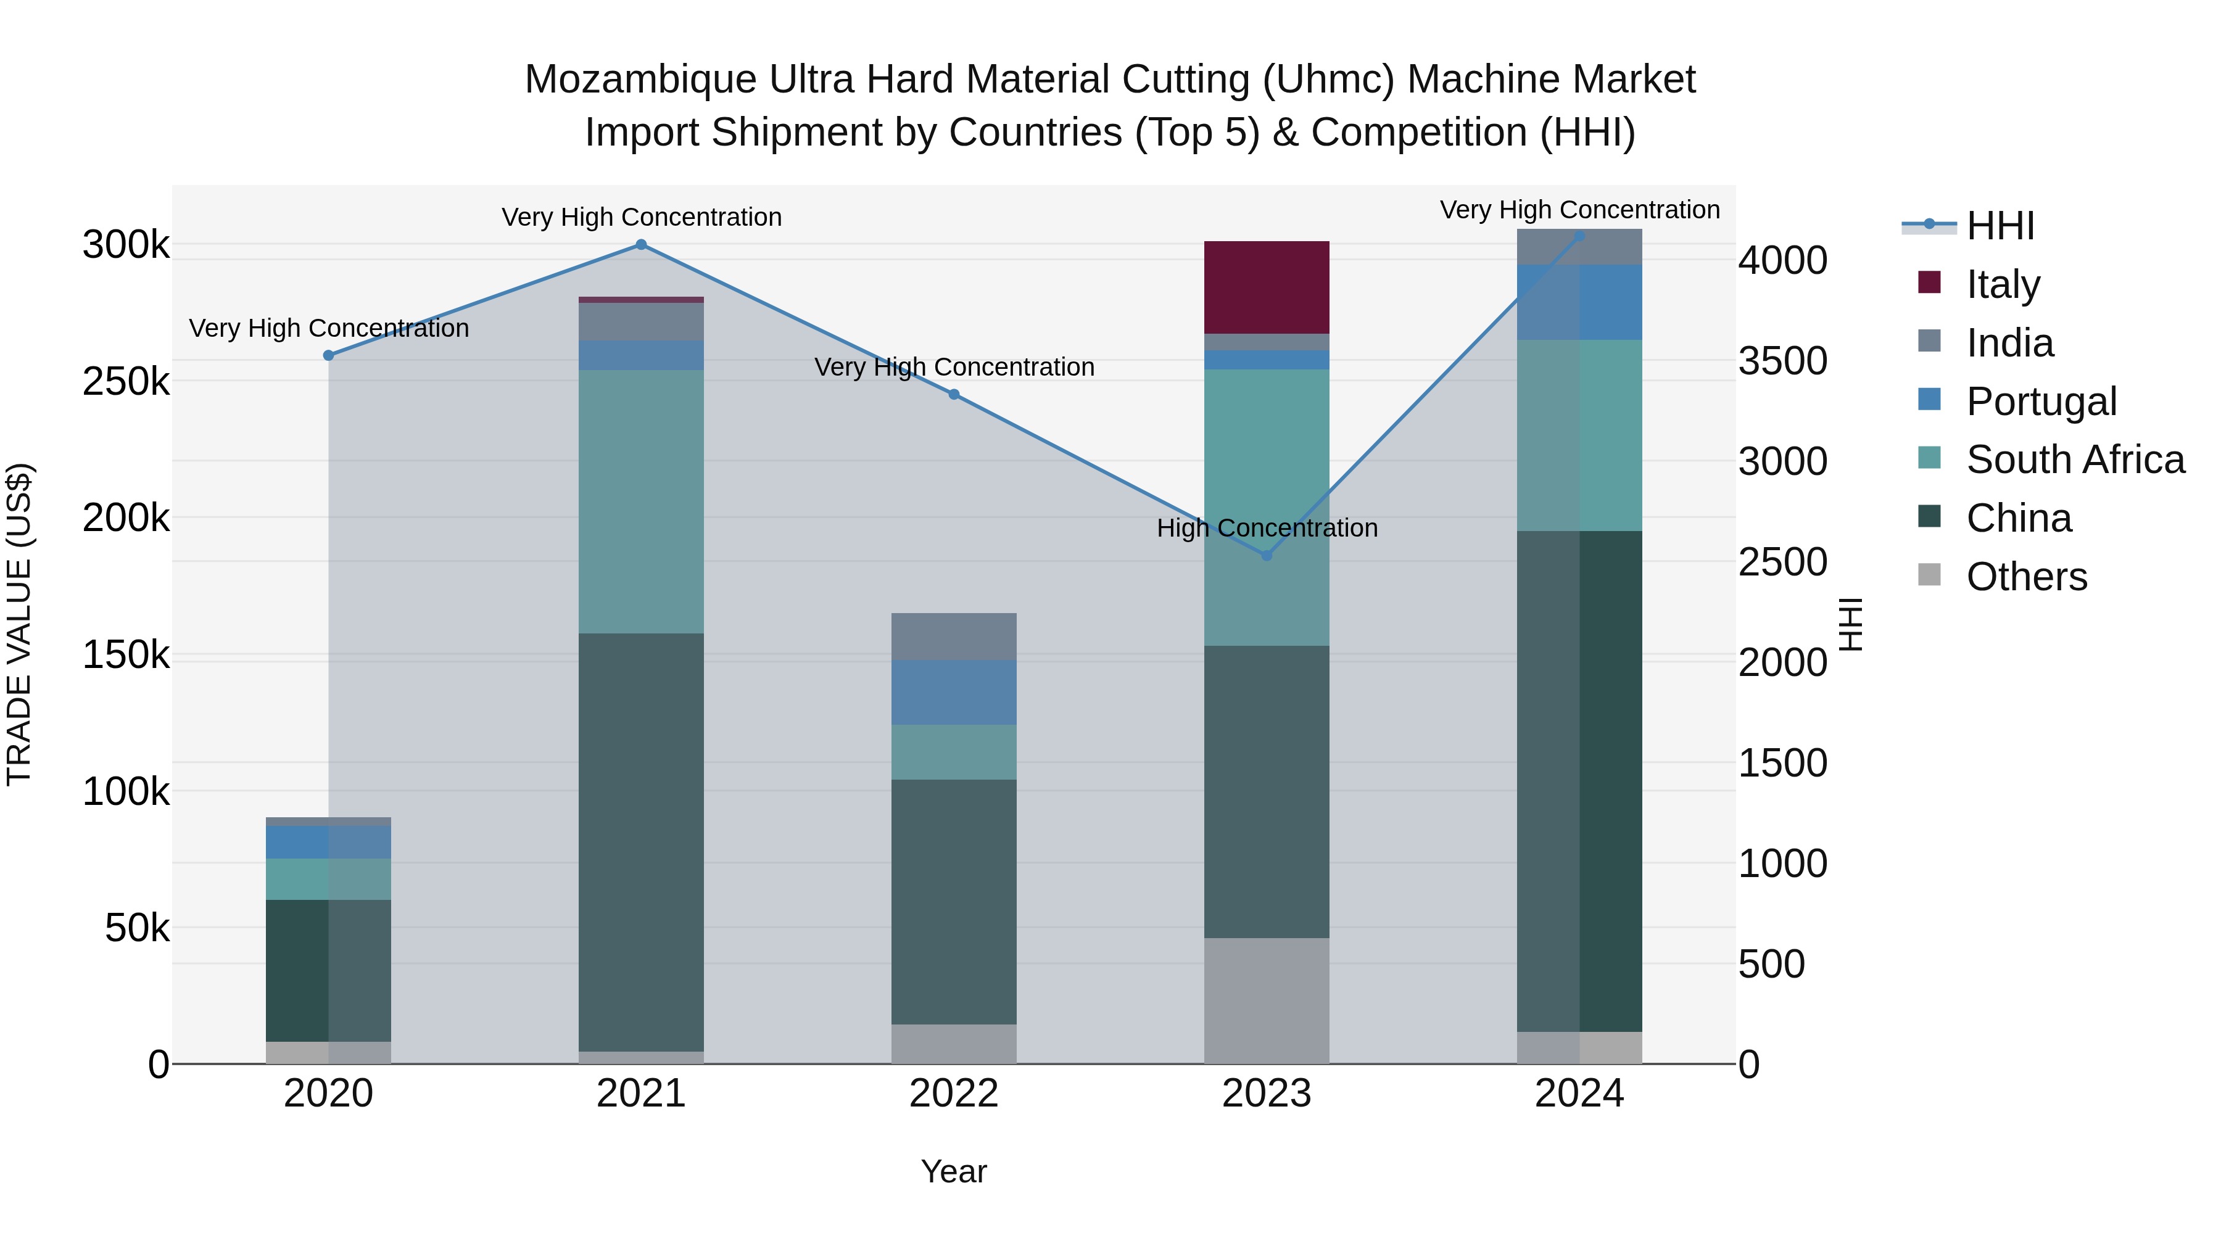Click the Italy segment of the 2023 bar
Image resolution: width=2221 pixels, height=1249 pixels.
click(x=1266, y=287)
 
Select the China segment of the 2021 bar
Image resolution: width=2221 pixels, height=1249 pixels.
click(x=640, y=841)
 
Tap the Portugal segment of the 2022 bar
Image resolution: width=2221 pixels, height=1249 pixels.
click(x=954, y=691)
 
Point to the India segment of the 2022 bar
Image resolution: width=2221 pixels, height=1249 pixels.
click(x=954, y=636)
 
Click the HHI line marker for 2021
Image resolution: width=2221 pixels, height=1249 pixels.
click(x=640, y=245)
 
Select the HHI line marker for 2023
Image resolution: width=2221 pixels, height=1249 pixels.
click(x=1267, y=556)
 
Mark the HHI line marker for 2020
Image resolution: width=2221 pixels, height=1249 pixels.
click(x=328, y=355)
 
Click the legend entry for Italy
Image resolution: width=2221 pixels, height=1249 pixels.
click(x=2002, y=284)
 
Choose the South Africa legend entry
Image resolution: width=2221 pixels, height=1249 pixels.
click(x=2074, y=460)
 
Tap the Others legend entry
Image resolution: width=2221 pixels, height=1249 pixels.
click(x=2026, y=577)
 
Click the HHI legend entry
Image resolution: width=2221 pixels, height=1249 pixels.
click(x=2000, y=226)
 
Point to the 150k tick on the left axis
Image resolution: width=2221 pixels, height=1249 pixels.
click(x=126, y=655)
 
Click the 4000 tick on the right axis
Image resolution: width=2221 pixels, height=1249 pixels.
click(x=1781, y=260)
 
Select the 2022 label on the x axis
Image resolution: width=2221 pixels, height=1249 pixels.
click(x=954, y=1094)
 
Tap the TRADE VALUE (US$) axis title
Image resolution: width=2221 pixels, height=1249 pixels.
click(x=19, y=624)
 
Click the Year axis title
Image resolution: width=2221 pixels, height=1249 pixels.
click(x=954, y=1171)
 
